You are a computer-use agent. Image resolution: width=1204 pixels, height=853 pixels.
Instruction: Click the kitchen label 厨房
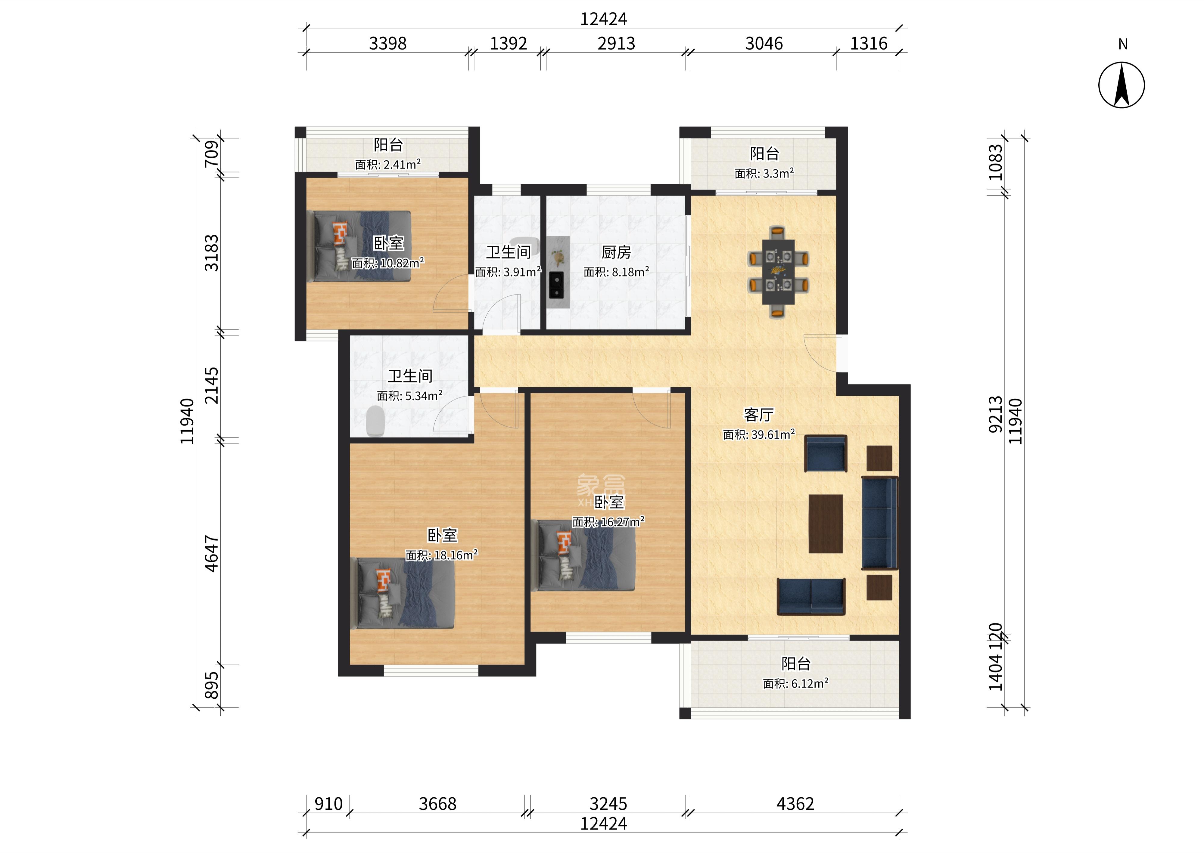point(616,253)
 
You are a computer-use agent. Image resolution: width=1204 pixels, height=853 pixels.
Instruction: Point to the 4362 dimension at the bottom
point(795,804)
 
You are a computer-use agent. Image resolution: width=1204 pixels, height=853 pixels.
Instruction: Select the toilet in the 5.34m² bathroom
point(375,421)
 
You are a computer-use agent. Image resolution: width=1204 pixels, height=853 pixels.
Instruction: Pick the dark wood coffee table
point(826,524)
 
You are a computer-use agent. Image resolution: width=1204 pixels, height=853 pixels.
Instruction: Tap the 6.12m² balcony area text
point(796,683)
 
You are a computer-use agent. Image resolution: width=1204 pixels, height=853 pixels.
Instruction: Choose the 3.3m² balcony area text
point(764,173)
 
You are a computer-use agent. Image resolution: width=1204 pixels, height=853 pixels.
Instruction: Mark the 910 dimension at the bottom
point(328,804)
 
